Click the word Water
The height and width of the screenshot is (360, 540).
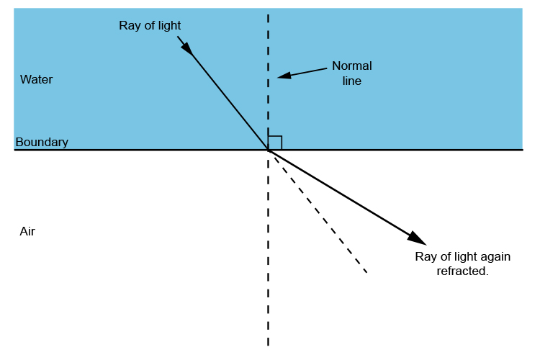[36, 79]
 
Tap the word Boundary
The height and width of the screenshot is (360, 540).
[42, 143]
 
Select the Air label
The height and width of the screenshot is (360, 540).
[27, 232]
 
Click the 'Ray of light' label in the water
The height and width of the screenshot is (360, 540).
[150, 26]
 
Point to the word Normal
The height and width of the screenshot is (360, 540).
[352, 66]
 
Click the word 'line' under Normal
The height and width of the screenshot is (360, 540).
[352, 81]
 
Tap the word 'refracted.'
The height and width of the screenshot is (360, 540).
[462, 271]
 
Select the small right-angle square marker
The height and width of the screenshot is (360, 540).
[275, 143]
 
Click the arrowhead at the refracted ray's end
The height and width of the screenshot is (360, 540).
[417, 238]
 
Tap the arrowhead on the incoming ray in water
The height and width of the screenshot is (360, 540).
[186, 47]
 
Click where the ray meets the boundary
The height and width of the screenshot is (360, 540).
[269, 150]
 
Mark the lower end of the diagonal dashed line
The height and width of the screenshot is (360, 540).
[366, 272]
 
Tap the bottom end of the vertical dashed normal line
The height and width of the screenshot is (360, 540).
[269, 346]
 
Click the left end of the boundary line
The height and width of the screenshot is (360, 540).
[16, 150]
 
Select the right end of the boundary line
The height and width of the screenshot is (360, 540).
[522, 150]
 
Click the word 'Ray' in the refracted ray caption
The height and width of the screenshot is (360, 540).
[426, 257]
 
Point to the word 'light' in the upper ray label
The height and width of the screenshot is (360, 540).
[168, 26]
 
